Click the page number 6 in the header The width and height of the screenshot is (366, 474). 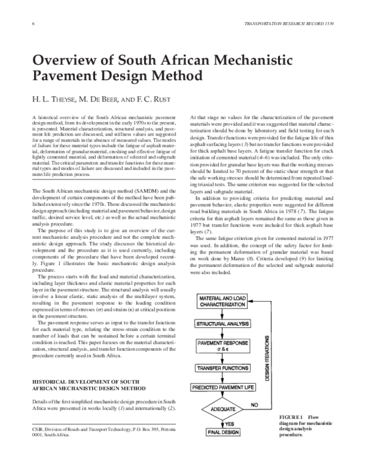(x=32, y=23)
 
